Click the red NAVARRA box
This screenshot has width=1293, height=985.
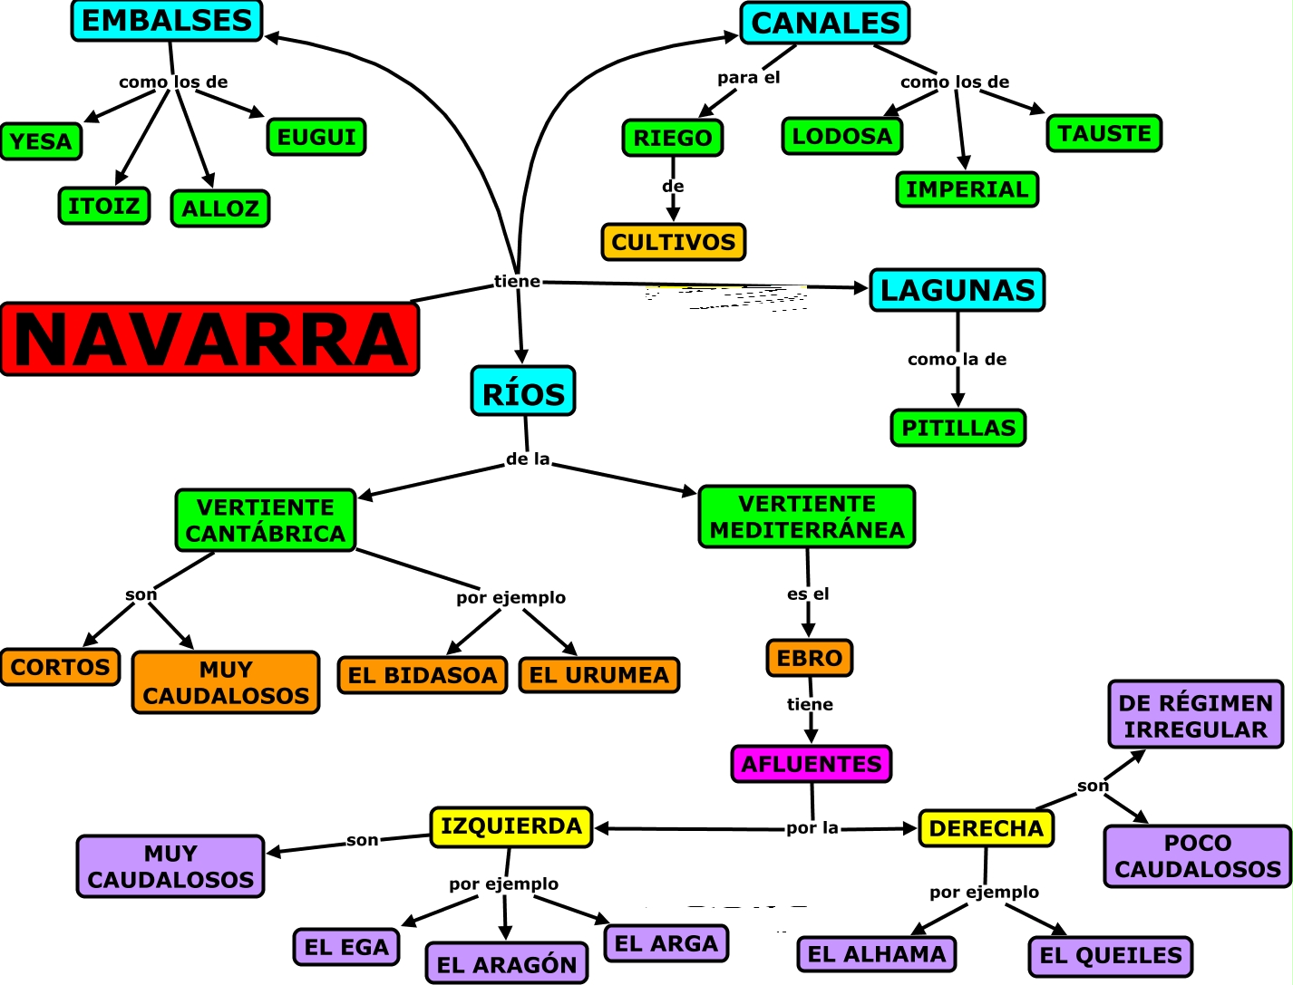click(x=209, y=340)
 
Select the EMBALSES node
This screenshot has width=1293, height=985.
click(x=167, y=21)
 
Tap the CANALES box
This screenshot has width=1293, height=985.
click(x=825, y=24)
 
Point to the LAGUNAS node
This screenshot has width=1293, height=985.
click(x=958, y=290)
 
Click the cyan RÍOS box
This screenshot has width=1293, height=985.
click(x=523, y=392)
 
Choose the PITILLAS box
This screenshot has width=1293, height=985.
click(x=958, y=428)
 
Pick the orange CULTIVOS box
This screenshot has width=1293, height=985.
click(x=674, y=242)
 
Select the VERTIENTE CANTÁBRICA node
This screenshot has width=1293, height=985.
click(x=266, y=520)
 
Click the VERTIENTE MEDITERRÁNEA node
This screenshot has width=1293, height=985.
click(x=807, y=517)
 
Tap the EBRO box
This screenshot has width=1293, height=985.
click(x=810, y=658)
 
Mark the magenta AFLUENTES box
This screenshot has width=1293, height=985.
click(x=812, y=764)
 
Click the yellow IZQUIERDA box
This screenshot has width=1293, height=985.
click(x=511, y=826)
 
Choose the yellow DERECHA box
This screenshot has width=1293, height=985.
click(x=987, y=828)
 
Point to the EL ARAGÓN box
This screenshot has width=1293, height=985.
click(x=507, y=964)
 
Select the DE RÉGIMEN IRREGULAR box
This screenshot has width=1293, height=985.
click(x=1196, y=715)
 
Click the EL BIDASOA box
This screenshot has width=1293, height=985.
click(x=423, y=675)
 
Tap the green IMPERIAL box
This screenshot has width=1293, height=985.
click(x=967, y=189)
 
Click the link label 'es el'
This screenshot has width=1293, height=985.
click(x=808, y=594)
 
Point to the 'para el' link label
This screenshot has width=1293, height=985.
click(x=749, y=78)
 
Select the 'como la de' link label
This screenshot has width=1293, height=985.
click(x=957, y=360)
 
